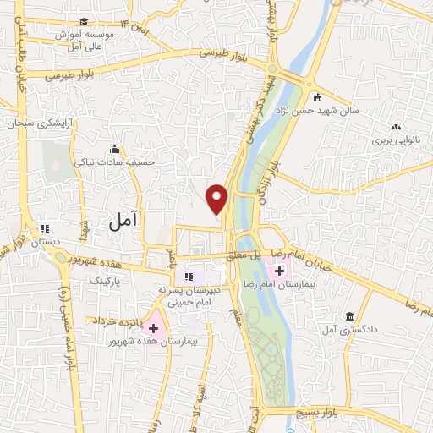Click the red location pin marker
pyautogui.click(x=217, y=199)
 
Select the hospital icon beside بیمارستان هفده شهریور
pyautogui.click(x=154, y=326)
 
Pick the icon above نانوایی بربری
pyautogui.click(x=396, y=128)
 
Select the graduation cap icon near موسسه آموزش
pyautogui.click(x=82, y=22)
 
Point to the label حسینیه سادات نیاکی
pyautogui.click(x=112, y=160)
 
